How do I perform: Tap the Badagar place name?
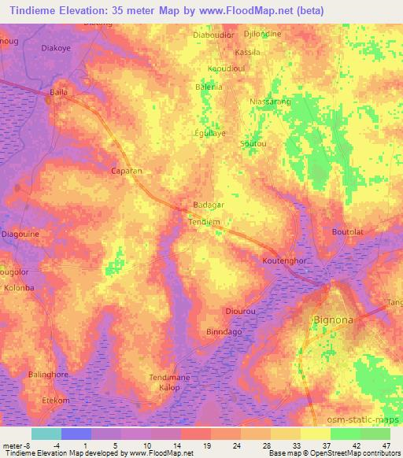[209, 205]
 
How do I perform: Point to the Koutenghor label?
[286, 259]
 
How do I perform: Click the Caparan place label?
[127, 170]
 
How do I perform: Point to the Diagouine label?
[20, 234]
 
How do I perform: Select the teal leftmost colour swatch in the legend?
[46, 434]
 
